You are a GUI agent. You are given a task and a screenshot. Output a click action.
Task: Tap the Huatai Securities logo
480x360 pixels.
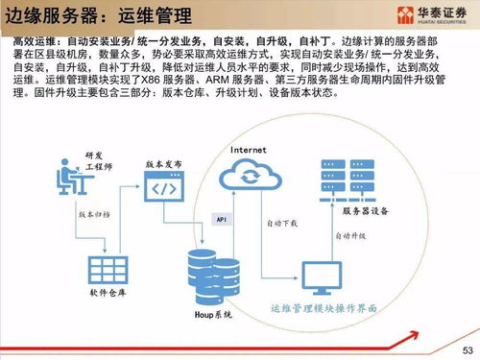[426, 16]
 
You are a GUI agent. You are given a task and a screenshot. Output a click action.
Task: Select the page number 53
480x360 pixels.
[466, 348]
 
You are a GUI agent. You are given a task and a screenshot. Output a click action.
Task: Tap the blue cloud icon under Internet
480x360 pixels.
[248, 179]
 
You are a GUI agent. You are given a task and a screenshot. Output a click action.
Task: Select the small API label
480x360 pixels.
[220, 219]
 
